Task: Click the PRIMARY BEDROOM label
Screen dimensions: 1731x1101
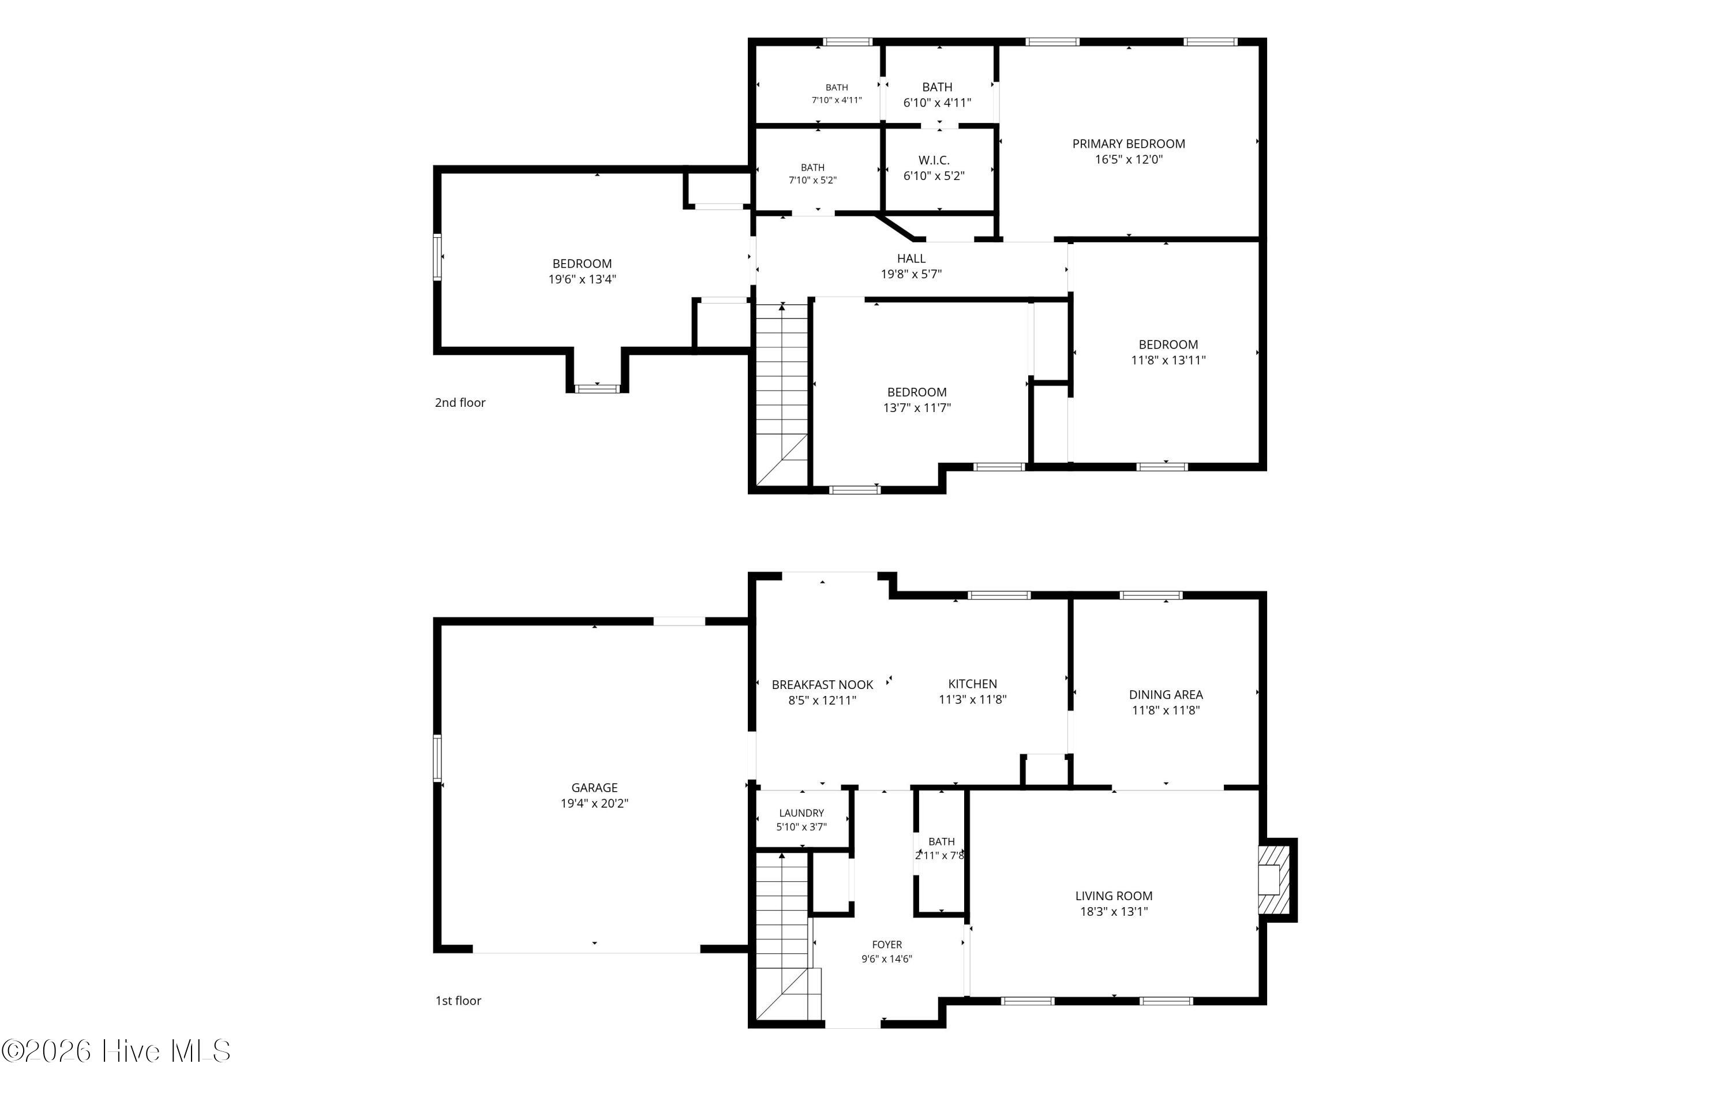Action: pos(1129,144)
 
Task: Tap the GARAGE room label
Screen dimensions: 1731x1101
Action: pos(594,788)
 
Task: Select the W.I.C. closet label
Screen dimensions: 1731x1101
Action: pos(934,160)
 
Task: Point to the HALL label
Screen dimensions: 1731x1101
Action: pos(911,258)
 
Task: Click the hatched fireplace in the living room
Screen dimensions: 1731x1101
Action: pos(1274,879)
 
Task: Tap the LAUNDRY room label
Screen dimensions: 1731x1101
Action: pos(801,812)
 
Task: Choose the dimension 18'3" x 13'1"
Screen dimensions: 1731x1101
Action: pos(1114,912)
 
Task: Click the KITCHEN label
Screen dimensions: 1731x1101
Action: pos(973,684)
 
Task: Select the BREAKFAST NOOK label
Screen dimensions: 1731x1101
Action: pos(822,684)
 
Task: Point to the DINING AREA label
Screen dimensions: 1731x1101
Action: pos(1166,695)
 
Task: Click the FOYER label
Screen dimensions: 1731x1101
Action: pos(887,944)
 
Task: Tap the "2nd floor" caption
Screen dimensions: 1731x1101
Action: pos(460,403)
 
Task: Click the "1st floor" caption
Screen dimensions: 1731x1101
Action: pos(458,1001)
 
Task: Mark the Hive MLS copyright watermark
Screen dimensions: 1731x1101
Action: pos(116,1051)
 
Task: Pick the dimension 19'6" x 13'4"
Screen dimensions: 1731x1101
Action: pos(582,280)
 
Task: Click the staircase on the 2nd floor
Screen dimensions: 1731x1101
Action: pos(782,395)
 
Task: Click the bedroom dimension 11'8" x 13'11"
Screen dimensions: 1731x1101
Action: pos(1168,360)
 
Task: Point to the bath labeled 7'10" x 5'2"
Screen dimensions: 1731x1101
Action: pos(812,174)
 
